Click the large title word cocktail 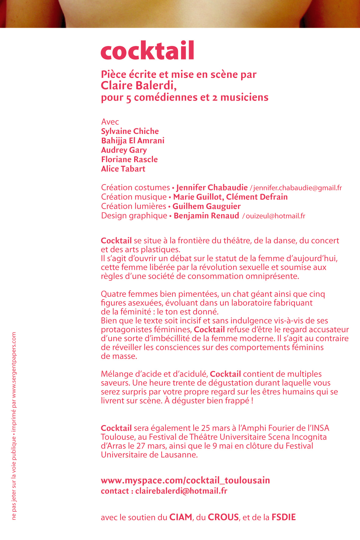point(148,51)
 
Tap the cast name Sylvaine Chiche point(130,131)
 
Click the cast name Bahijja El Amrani point(133,141)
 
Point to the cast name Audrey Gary point(124,150)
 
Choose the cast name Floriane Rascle point(129,160)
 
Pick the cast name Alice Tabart point(123,169)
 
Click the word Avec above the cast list point(110,122)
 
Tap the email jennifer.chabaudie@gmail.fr point(298,188)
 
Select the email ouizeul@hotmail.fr point(275,216)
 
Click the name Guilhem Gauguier point(206,207)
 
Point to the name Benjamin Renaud point(206,216)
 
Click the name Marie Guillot point(198,197)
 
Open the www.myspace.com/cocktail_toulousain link point(185,481)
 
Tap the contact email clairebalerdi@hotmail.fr point(181,491)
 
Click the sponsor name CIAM point(181,517)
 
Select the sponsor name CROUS point(223,517)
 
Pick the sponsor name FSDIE point(283,517)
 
